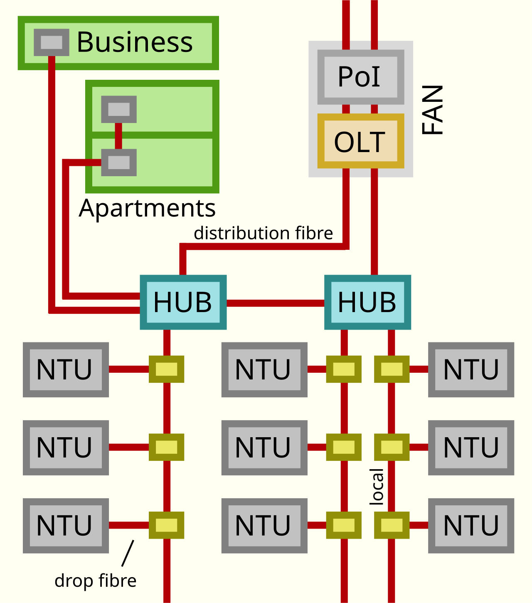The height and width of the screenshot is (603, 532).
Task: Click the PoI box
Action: [360, 77]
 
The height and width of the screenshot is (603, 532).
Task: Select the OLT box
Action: [360, 141]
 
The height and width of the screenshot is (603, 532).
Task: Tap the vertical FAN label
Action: [433, 110]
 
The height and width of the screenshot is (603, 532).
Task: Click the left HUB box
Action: [183, 302]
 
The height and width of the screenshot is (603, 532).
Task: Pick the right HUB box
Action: [367, 302]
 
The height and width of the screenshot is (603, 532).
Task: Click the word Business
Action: [135, 42]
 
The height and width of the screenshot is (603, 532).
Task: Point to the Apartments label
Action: [147, 208]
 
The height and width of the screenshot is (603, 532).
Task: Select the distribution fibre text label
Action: [263, 233]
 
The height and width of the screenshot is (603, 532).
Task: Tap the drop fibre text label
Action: [95, 581]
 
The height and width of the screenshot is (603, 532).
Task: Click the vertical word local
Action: [377, 487]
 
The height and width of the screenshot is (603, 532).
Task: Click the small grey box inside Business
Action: [52, 42]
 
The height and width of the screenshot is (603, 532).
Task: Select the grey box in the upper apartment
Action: [119, 109]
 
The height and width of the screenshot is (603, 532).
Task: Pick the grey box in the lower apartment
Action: [119, 162]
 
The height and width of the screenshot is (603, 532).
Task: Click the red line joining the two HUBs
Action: [275, 303]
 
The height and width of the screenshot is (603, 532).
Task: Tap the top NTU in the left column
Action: [66, 369]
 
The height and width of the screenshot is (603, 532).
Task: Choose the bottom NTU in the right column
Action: [471, 526]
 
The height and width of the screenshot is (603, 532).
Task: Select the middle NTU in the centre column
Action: [264, 448]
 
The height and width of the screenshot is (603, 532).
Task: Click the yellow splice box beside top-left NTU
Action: [167, 369]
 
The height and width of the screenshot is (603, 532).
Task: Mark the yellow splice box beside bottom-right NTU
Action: [392, 525]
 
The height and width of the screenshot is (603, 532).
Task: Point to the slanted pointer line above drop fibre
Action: [128, 553]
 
